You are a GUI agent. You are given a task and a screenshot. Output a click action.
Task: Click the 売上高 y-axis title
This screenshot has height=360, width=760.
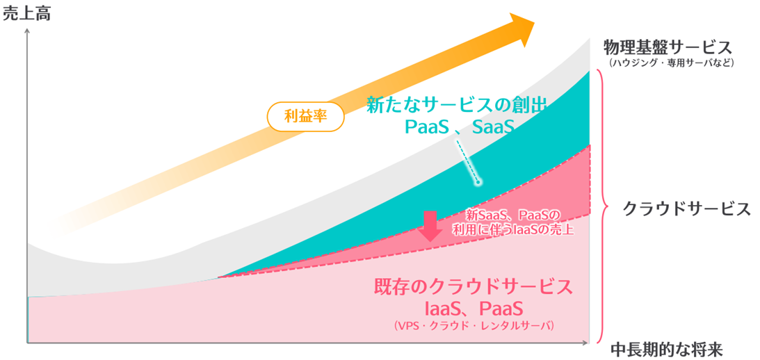[26, 14]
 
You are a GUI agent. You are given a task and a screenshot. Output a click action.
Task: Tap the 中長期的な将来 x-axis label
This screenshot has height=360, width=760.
[666, 349]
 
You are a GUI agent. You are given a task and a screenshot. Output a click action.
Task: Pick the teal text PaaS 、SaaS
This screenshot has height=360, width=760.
[458, 127]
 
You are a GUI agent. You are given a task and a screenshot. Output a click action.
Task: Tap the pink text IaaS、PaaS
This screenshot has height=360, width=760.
[474, 309]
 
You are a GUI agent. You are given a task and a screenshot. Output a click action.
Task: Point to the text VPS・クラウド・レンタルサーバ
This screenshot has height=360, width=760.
[474, 325]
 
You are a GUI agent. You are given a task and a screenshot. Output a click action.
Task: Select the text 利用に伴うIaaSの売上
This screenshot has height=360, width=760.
[512, 229]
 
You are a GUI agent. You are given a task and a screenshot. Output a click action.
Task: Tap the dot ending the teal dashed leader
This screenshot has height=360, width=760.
[477, 183]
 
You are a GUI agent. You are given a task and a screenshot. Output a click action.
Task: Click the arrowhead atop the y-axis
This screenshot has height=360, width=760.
[27, 32]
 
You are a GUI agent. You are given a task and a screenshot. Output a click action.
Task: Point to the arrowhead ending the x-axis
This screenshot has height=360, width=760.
[585, 343]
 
